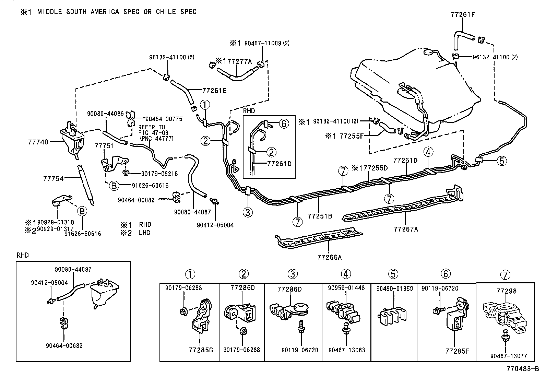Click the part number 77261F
click(462, 14)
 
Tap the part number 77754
click(54, 179)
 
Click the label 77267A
click(406, 229)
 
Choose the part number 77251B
click(320, 216)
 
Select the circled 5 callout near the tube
click(501, 161)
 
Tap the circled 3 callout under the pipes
click(248, 212)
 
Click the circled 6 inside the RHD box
click(284, 123)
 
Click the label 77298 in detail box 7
click(506, 291)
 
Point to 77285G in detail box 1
click(201, 350)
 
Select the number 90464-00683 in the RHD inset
click(64, 346)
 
